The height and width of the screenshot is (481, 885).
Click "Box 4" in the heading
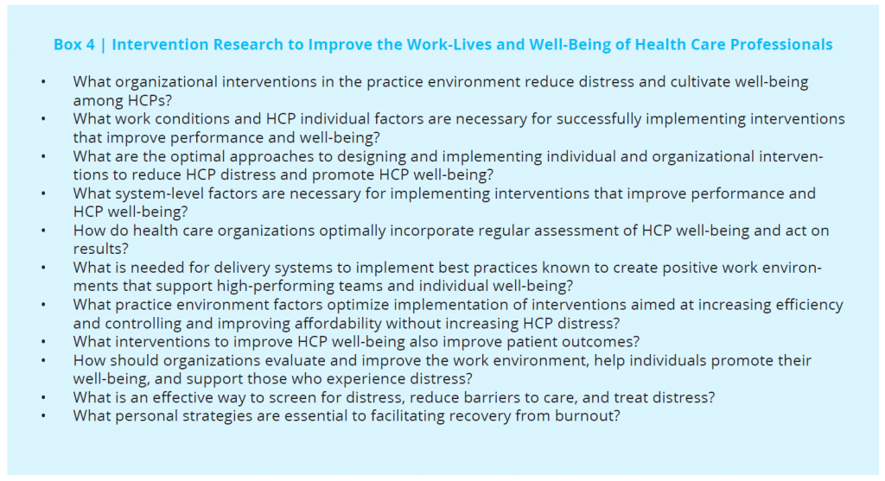click(x=74, y=45)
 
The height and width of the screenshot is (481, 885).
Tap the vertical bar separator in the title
click(x=104, y=45)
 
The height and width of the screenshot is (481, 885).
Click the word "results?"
click(x=101, y=249)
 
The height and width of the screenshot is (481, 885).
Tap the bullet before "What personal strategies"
click(x=43, y=416)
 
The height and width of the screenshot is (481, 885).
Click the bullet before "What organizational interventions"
click(x=43, y=82)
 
